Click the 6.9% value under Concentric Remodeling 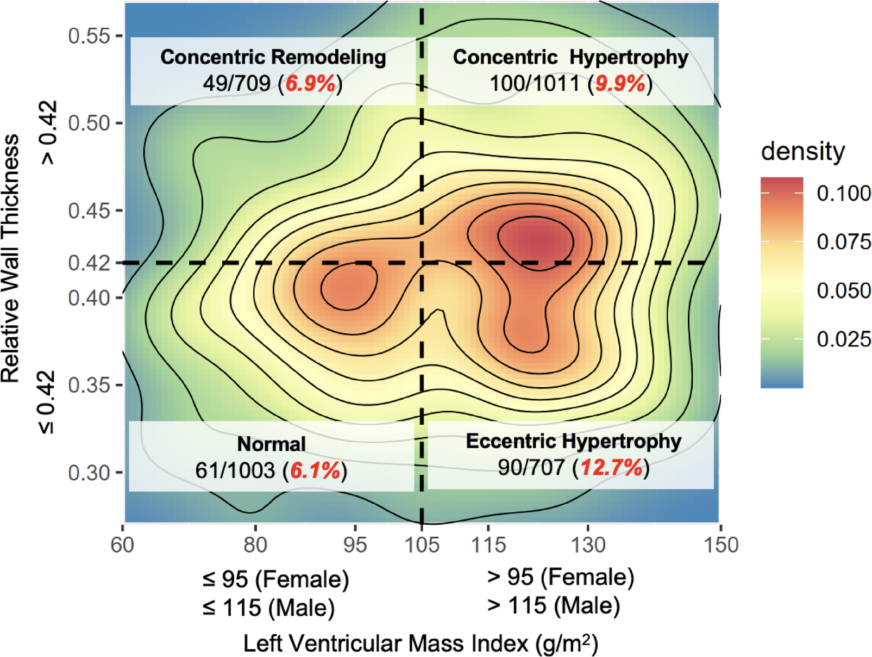pos(310,84)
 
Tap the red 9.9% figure pos(620,84)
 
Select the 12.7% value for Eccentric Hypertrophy pos(612,468)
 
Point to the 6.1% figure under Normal pos(315,470)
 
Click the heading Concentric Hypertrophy pos(570,57)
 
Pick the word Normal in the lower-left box pos(271,444)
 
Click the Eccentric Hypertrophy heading pos(573,441)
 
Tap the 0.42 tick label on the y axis pos(89,263)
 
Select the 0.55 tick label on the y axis pos(89,36)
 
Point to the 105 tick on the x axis pos(422,544)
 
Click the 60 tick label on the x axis pos(122,544)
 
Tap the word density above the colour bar pos(802,151)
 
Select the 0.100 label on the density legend pos(843,193)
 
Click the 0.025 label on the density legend pos(843,339)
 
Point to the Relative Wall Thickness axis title pos(11,258)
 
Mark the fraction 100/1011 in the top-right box pos(535,84)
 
